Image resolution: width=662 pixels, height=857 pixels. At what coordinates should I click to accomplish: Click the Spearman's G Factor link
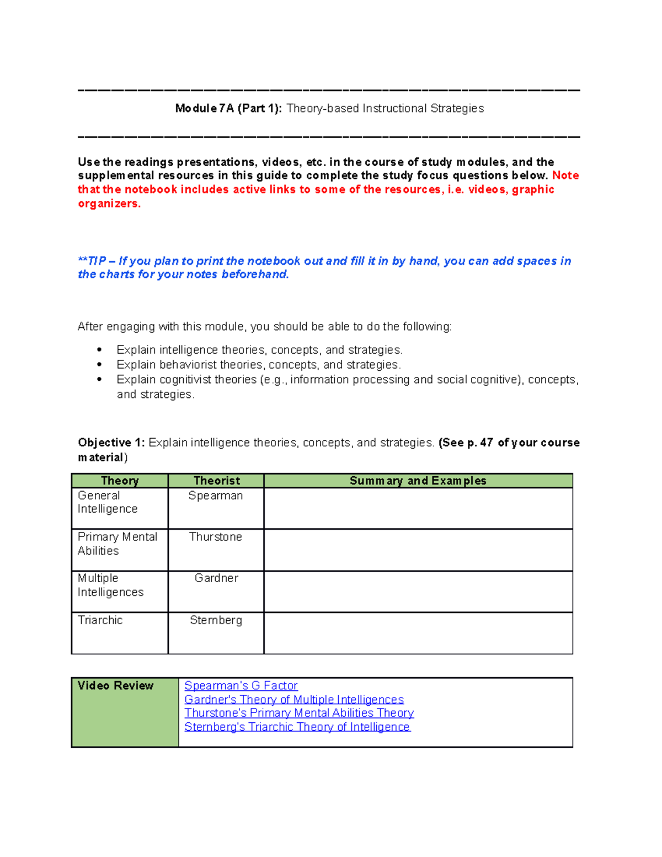241,685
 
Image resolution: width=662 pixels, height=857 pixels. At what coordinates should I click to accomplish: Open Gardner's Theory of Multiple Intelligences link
294,699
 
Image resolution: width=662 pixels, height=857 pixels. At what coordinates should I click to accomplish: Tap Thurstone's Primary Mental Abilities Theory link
298,713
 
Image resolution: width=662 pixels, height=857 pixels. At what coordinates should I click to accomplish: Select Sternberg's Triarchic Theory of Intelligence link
297,727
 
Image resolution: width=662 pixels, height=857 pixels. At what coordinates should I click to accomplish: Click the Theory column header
120,481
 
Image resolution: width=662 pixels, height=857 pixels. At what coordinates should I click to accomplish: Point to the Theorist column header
216,481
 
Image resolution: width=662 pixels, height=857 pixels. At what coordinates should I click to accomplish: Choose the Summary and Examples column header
418,481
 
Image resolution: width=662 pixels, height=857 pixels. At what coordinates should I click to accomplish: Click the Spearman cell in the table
216,496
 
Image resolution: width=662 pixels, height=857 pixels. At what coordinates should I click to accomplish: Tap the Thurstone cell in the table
216,537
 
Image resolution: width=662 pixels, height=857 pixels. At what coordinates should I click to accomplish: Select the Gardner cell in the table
216,578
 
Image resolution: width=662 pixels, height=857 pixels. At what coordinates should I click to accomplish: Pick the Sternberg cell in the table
216,620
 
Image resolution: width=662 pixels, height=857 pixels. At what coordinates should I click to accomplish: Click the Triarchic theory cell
100,620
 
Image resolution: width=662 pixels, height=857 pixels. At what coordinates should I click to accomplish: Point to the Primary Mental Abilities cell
117,544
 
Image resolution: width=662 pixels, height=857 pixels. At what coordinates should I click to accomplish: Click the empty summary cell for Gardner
418,592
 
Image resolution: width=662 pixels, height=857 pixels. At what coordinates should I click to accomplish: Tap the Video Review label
115,685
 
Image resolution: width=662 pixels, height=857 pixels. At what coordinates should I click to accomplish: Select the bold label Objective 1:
111,443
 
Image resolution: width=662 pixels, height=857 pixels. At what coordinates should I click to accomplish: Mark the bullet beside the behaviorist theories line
99,365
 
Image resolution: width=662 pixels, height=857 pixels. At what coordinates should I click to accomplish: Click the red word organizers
109,204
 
